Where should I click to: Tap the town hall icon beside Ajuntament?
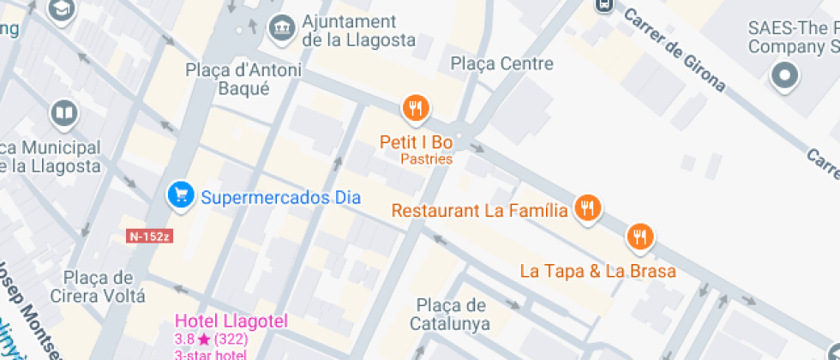tap(280, 27)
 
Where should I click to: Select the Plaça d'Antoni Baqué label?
tap(228, 79)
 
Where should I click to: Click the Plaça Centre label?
tap(502, 63)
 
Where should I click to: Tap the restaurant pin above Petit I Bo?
tap(416, 108)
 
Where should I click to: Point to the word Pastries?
tap(426, 159)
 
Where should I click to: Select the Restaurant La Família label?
tap(479, 210)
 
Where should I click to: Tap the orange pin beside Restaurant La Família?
tap(587, 208)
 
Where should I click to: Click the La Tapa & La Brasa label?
tap(598, 271)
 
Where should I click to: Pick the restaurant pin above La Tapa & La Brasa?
tap(639, 237)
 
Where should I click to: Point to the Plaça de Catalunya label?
tap(449, 315)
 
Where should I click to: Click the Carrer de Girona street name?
tap(674, 51)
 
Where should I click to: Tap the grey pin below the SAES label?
tap(784, 75)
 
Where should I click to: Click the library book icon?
tap(63, 112)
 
